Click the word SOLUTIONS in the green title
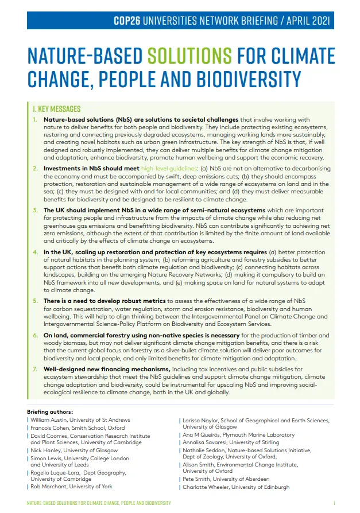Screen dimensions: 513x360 pyautogui.click(x=190, y=56)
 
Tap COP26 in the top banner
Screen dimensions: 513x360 pyautogui.click(x=129, y=21)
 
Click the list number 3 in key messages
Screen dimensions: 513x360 pyautogui.click(x=36, y=211)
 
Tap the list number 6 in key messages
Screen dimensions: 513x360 pyautogui.click(x=36, y=335)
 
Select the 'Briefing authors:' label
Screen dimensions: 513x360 pyautogui.click(x=50, y=411)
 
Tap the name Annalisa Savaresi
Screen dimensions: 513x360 pyautogui.click(x=207, y=442)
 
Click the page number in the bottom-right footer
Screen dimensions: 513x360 pyautogui.click(x=334, y=503)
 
